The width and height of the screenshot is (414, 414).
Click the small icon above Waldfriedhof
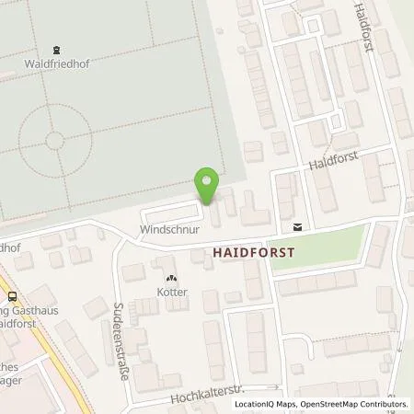pos(57,51)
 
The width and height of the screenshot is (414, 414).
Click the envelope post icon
pos(297,225)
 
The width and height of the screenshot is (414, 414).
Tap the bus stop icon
pos(12,297)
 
